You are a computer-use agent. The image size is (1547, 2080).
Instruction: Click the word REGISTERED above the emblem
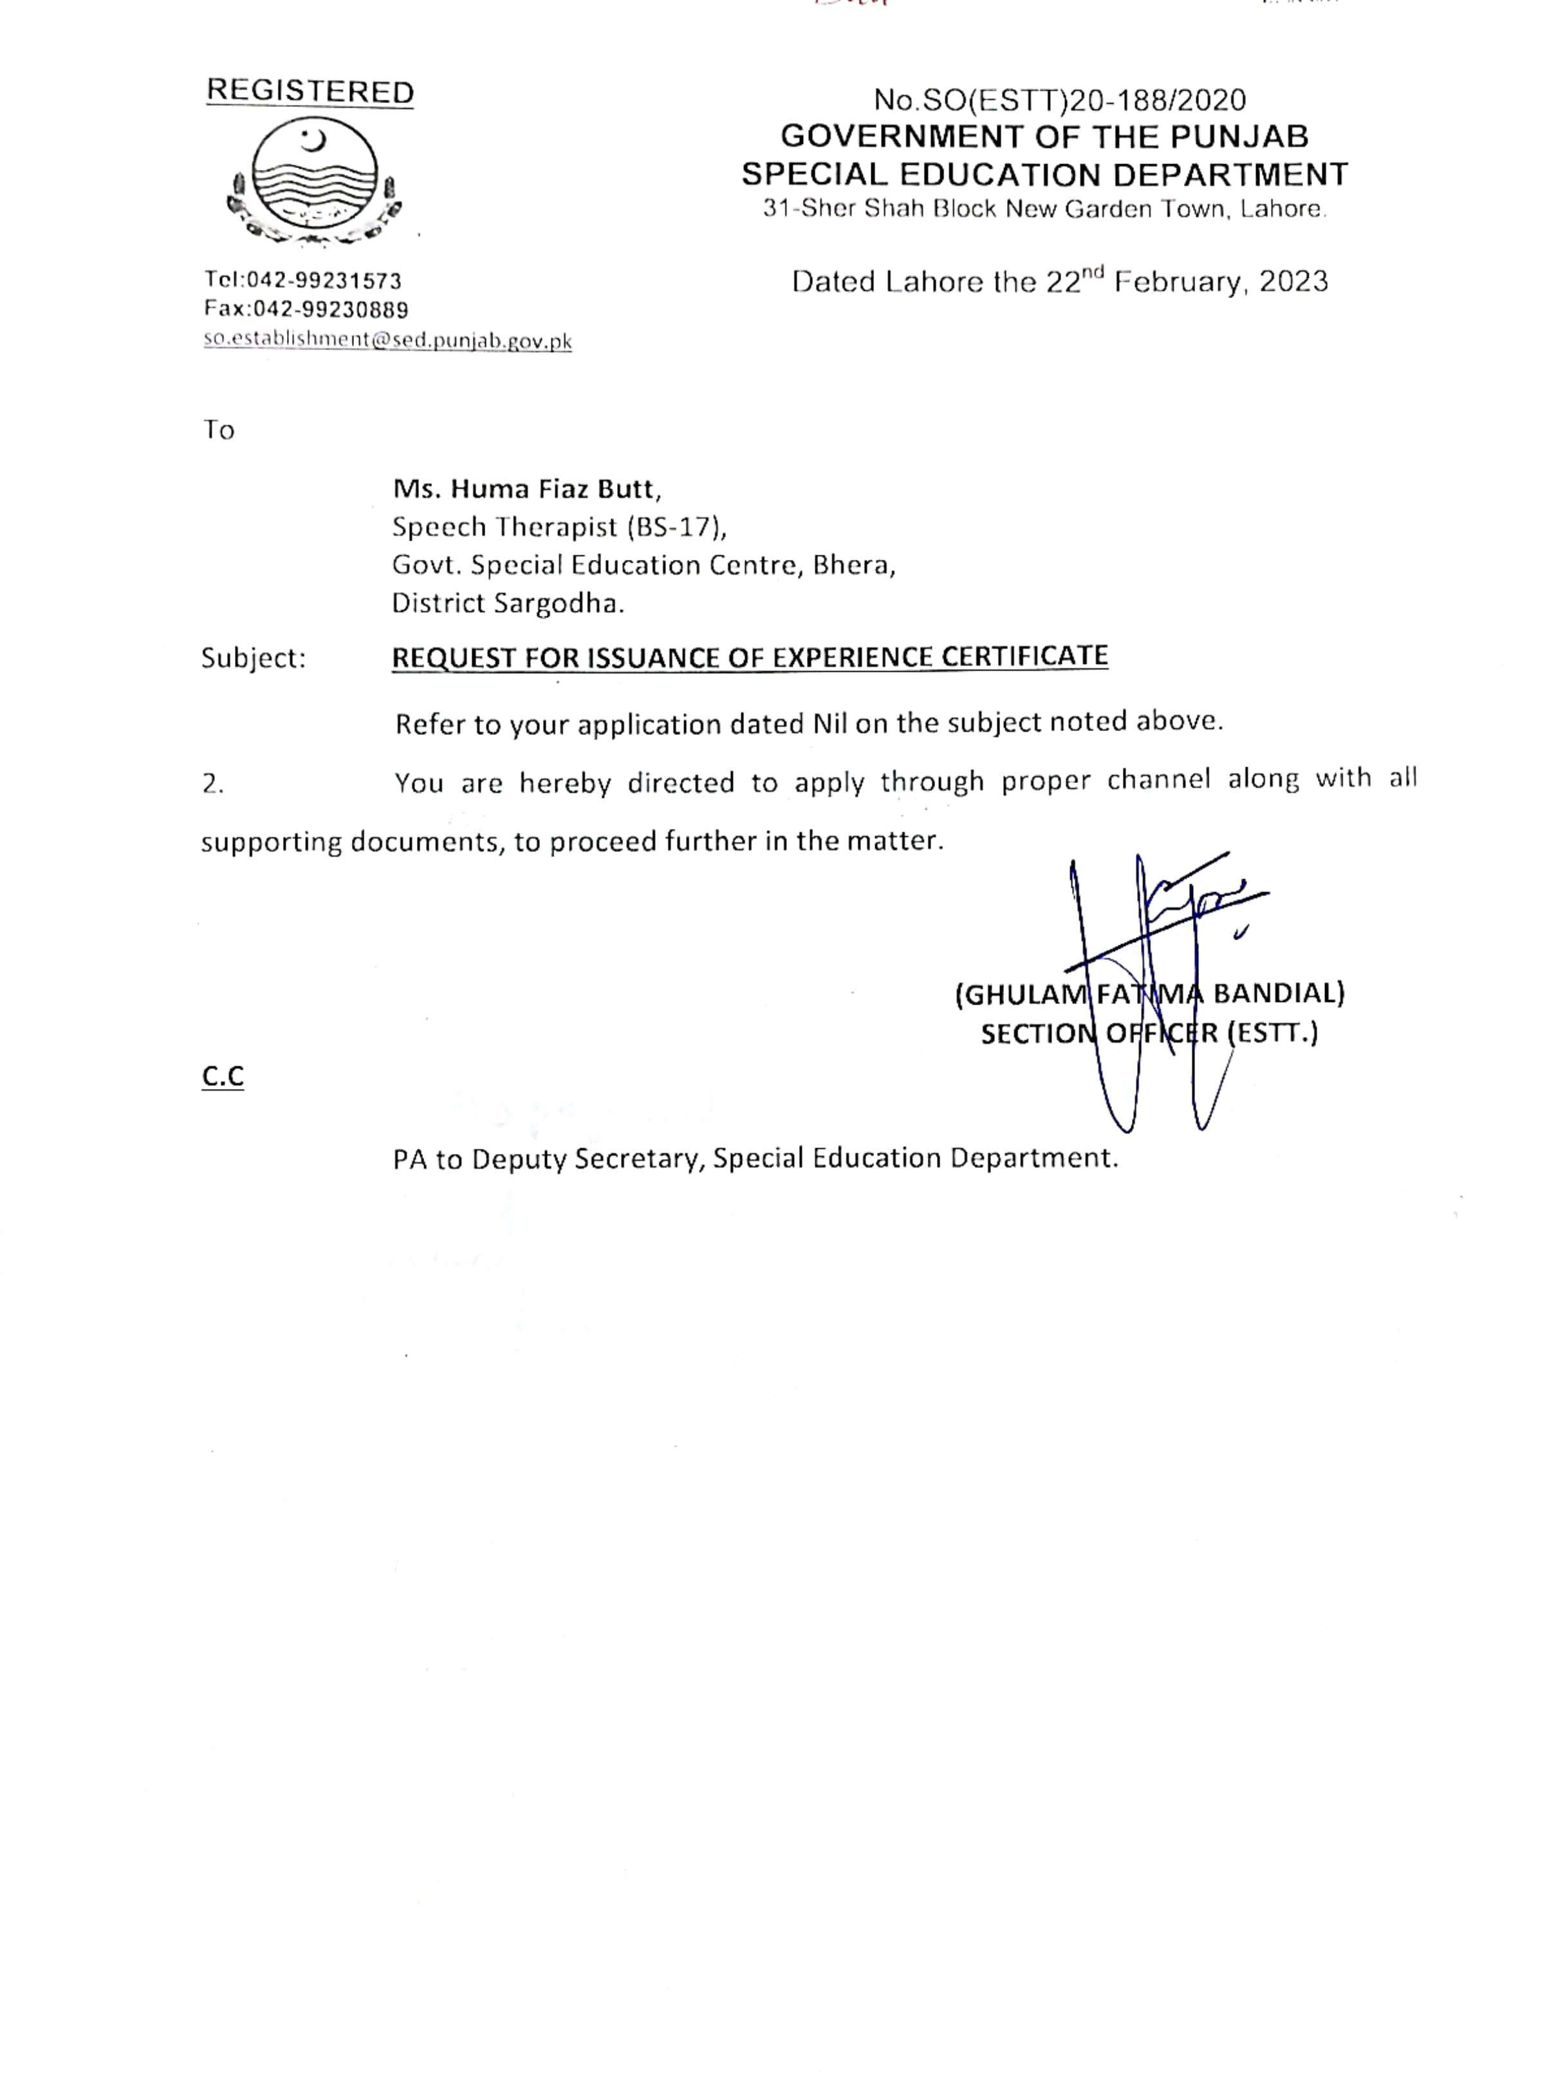[310, 92]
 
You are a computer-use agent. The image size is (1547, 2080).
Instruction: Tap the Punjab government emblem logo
[315, 183]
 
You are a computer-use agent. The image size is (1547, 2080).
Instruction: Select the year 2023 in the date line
[1293, 282]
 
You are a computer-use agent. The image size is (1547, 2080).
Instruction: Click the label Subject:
[254, 658]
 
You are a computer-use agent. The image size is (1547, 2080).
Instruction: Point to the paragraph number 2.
[212, 784]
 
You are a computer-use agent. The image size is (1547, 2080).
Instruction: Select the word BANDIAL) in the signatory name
[1279, 993]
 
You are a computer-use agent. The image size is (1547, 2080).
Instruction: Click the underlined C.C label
[223, 1077]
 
